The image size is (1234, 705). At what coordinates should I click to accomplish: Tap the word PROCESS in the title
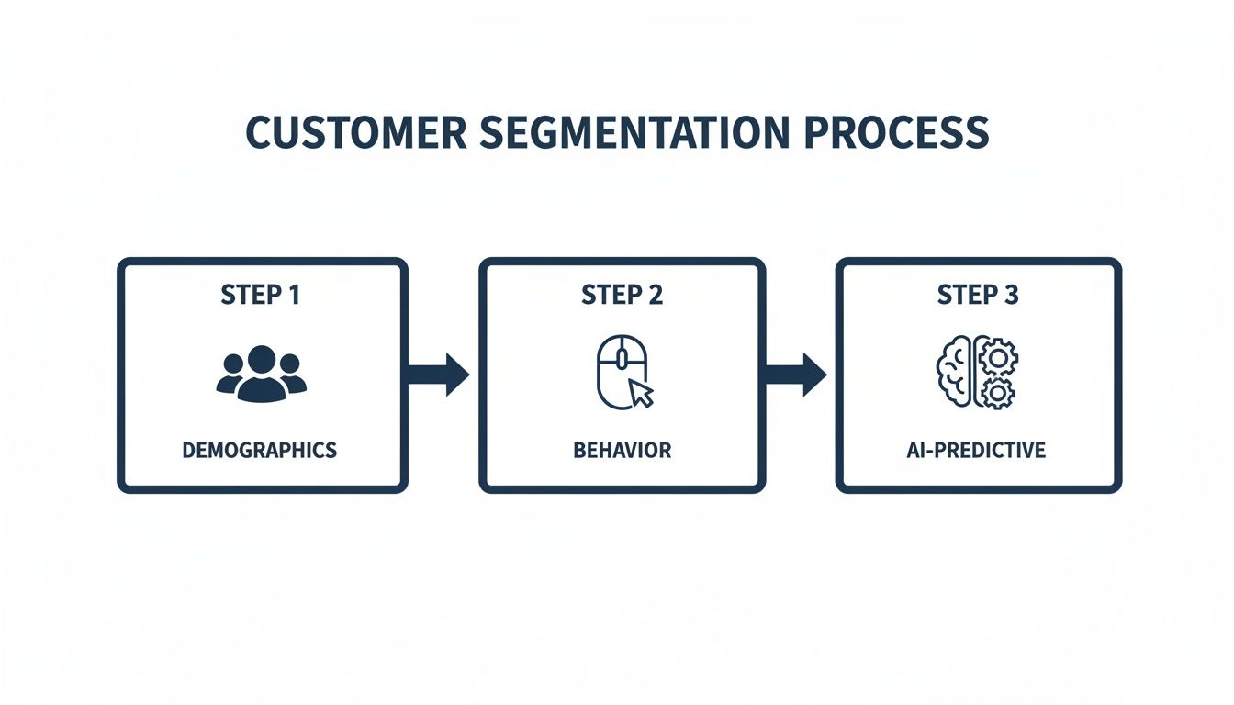[896, 133]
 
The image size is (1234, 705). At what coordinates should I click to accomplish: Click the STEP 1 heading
[261, 295]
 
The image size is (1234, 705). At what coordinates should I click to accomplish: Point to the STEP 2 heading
[622, 295]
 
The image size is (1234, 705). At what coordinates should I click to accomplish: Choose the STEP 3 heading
[978, 295]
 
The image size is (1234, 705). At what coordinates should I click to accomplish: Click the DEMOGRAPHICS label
[260, 451]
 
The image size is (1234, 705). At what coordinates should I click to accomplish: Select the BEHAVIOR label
[622, 451]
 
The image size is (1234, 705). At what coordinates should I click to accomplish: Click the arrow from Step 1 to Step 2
[439, 374]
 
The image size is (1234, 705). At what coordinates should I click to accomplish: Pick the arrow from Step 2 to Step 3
[796, 374]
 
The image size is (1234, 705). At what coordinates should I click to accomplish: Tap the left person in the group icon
[231, 375]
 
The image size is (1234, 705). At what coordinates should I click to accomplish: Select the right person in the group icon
[291, 375]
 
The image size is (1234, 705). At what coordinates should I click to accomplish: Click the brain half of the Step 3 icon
[955, 373]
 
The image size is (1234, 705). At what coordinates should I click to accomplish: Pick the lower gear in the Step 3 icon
[995, 393]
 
